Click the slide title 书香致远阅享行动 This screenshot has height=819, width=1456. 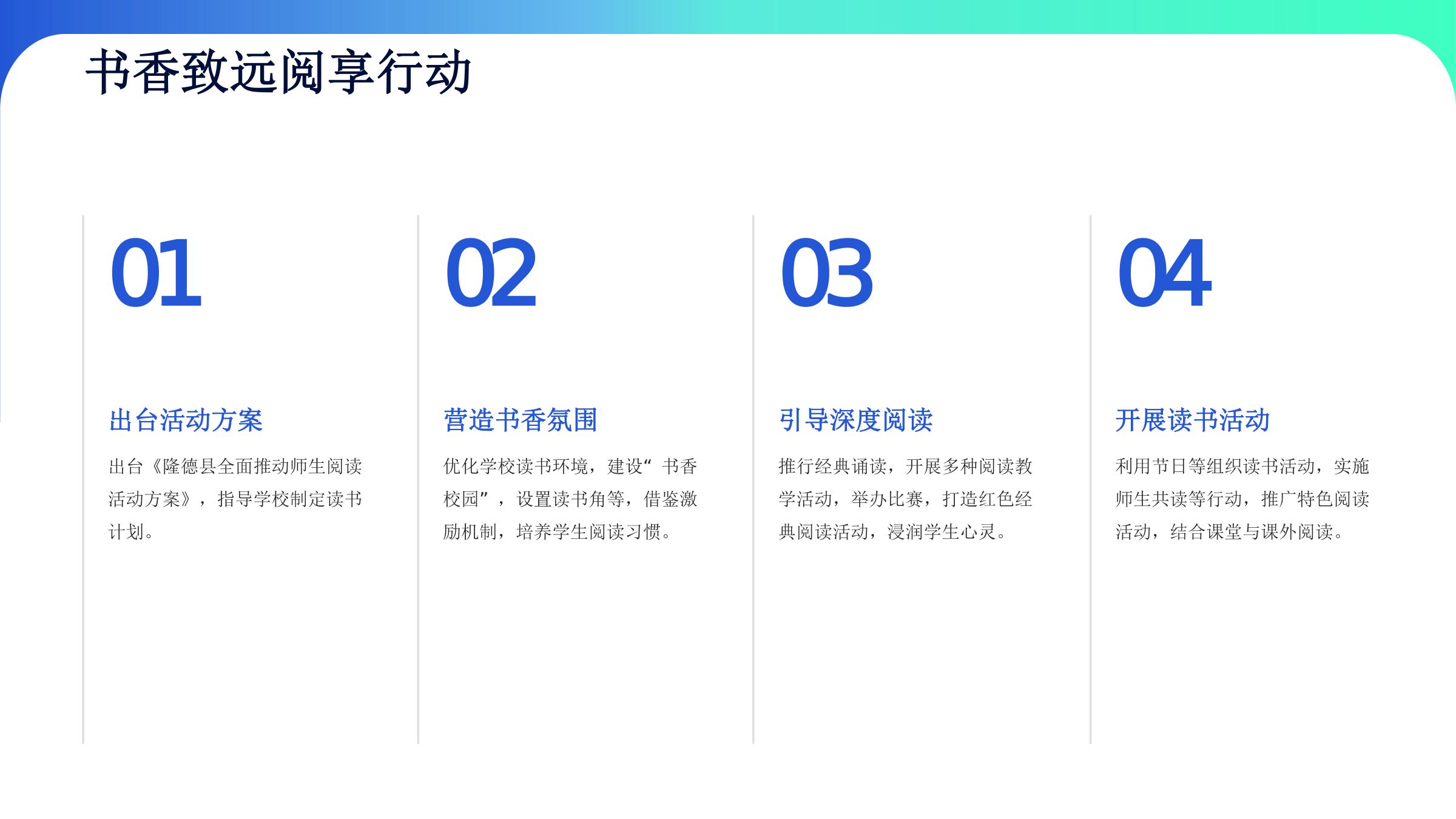[x=278, y=72]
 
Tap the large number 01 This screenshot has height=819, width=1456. [x=155, y=273]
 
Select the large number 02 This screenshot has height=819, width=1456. [x=491, y=273]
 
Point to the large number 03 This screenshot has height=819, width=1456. [x=826, y=273]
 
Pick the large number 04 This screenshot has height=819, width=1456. [x=1164, y=273]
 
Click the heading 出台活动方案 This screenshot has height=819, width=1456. [x=186, y=420]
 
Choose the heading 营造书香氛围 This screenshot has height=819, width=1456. [x=521, y=420]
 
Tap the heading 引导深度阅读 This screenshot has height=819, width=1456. [x=855, y=420]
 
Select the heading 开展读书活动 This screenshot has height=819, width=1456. [x=1192, y=420]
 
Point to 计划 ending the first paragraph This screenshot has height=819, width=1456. [x=126, y=532]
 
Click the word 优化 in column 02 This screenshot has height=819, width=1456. [x=462, y=467]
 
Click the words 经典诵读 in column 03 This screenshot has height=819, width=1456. [x=851, y=467]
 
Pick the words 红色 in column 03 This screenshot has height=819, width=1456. [x=996, y=499]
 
